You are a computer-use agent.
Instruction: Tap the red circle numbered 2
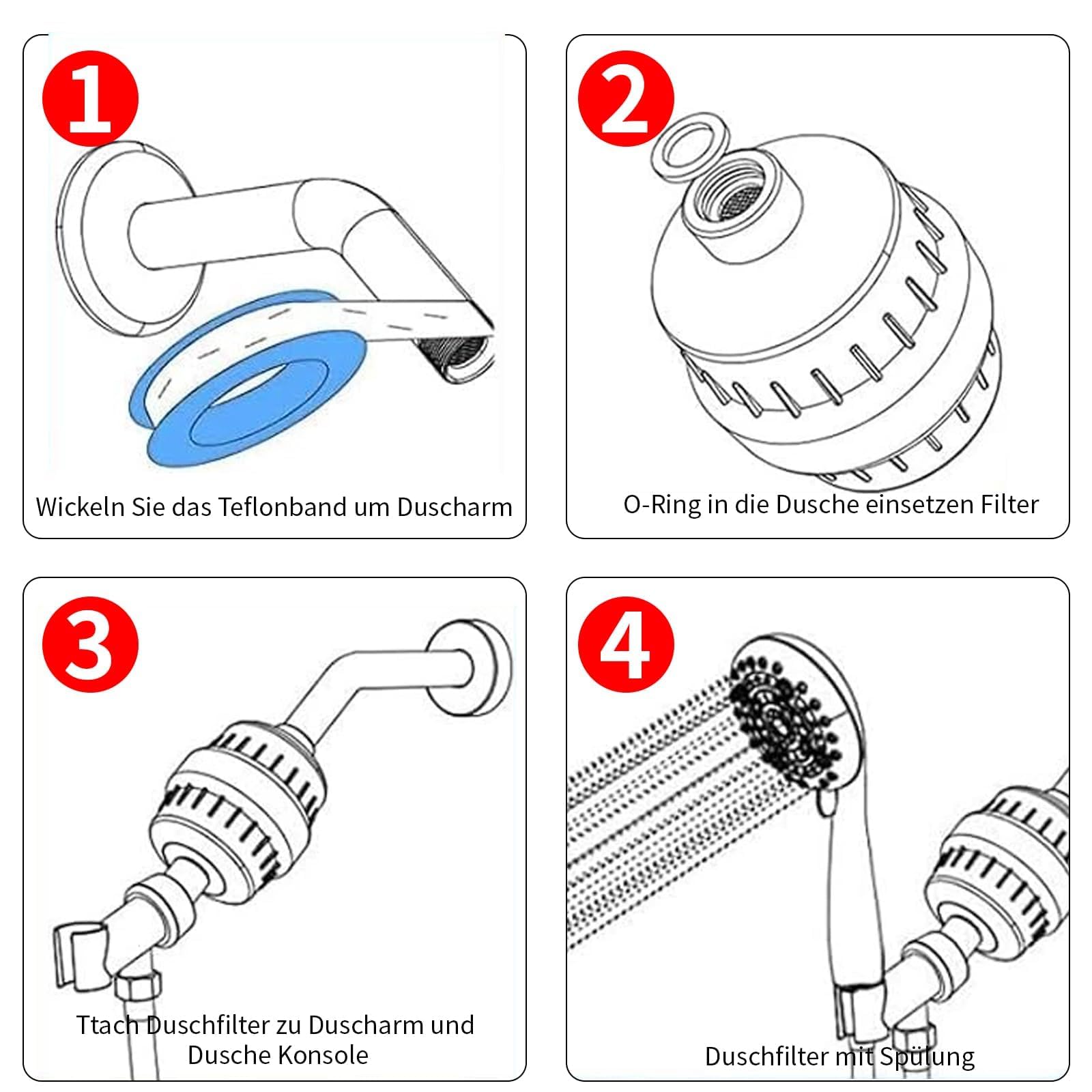point(625,99)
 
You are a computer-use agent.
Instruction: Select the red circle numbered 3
point(90,645)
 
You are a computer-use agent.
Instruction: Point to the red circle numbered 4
point(625,645)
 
